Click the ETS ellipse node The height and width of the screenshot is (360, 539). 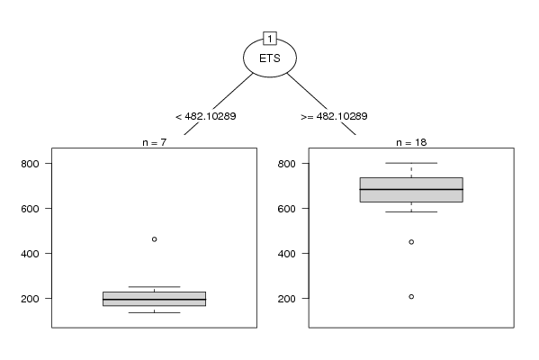[x=270, y=58]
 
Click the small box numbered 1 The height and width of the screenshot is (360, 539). [x=270, y=39]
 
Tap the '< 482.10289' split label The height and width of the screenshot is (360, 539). [x=205, y=116]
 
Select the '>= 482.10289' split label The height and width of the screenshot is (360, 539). [x=334, y=116]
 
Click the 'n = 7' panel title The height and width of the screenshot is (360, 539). [x=155, y=142]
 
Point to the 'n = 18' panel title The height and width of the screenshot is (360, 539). [x=411, y=142]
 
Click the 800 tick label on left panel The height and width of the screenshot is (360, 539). [x=30, y=164]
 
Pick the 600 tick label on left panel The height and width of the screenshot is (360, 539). [x=30, y=209]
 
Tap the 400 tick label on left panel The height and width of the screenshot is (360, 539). [x=30, y=254]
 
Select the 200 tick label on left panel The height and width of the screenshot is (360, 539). [x=30, y=299]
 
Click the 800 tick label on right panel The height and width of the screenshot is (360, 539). [x=287, y=164]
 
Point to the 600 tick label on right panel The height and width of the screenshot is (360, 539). [x=287, y=209]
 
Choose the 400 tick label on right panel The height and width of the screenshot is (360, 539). [x=287, y=254]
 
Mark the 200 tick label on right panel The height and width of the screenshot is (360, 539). [x=287, y=299]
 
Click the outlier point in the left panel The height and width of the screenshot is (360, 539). [x=155, y=239]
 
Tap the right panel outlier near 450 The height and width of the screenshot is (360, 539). [x=411, y=242]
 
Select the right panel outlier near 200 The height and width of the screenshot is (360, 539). [x=411, y=297]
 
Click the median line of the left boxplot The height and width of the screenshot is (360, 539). [x=155, y=300]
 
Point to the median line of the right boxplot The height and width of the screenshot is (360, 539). [x=411, y=190]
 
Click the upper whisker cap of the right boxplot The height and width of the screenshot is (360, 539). [x=411, y=163]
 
